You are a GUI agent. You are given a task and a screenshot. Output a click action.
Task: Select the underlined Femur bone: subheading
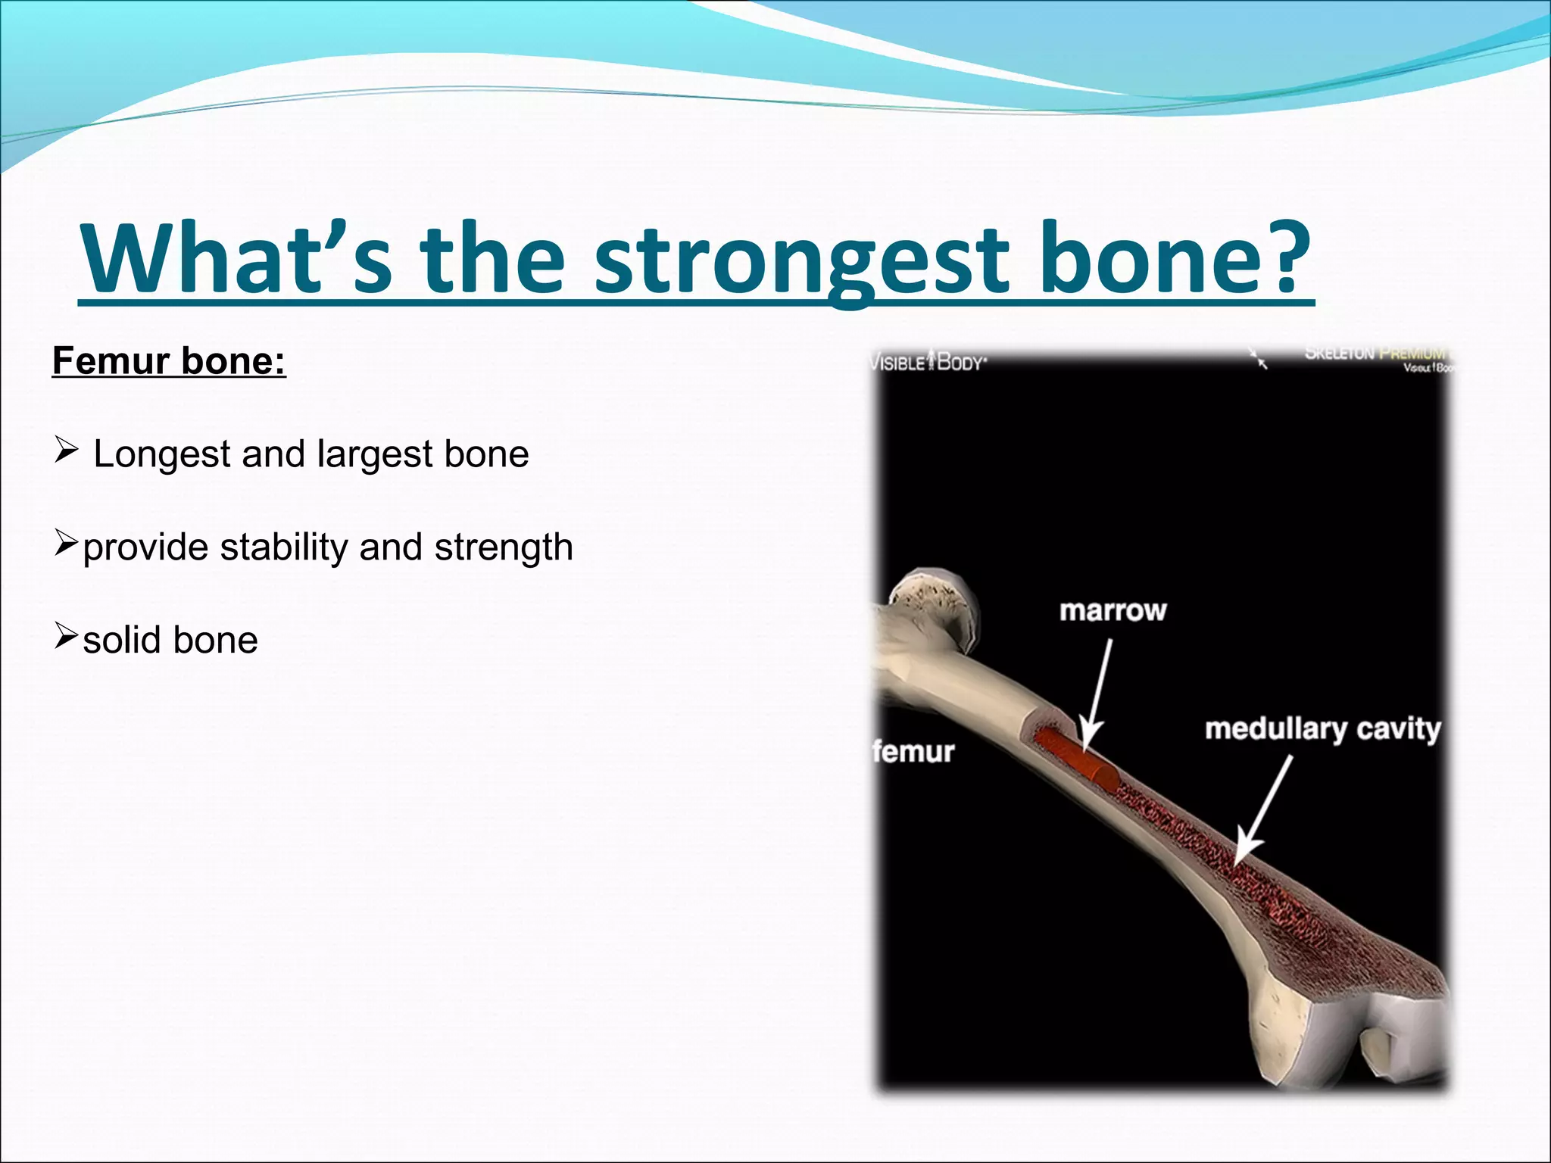[169, 360]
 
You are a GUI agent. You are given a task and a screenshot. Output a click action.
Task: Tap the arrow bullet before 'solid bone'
[67, 637]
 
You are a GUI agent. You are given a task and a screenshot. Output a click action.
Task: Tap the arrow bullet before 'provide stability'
[67, 544]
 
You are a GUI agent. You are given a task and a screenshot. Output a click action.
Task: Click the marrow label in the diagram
[1113, 610]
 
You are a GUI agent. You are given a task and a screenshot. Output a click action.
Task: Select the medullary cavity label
[1322, 729]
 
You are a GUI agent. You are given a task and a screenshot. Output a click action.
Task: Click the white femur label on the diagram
[913, 752]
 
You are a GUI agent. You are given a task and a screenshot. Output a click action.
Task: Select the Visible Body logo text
[928, 363]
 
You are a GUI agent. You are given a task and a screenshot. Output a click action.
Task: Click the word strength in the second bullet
[504, 547]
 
